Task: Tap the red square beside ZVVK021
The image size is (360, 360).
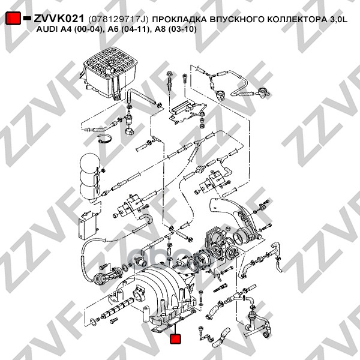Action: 13,19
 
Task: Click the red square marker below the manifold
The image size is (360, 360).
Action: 176,340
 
